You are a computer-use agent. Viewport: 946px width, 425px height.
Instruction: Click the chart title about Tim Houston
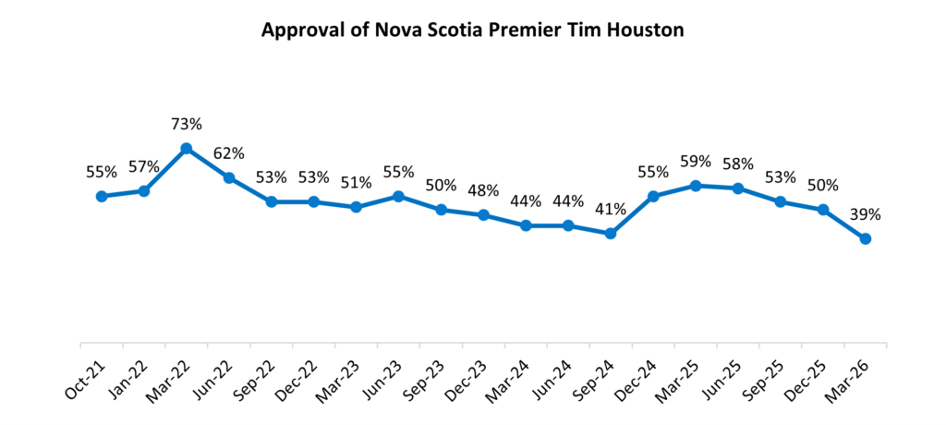point(472,30)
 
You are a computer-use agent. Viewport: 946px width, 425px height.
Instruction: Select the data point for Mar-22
point(187,148)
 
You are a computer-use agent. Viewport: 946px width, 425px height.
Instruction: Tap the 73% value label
point(187,124)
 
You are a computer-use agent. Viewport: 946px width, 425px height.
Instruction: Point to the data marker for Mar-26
point(866,238)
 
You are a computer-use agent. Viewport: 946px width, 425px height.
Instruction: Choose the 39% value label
point(866,214)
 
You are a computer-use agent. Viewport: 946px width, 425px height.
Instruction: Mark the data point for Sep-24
point(611,234)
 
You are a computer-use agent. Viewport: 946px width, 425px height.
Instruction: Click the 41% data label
point(611,210)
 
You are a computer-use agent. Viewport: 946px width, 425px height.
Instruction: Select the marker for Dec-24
point(653,196)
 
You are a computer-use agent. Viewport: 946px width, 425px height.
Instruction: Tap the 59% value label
point(696,162)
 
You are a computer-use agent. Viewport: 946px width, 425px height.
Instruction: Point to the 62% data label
point(229,153)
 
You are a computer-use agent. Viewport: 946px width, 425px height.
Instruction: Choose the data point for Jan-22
point(144,190)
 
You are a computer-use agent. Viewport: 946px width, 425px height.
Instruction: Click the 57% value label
point(144,166)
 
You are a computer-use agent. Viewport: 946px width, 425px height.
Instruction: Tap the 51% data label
point(357,183)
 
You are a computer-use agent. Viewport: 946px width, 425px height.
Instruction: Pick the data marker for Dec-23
point(483,215)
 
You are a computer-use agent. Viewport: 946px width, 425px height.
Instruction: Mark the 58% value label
point(738,164)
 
